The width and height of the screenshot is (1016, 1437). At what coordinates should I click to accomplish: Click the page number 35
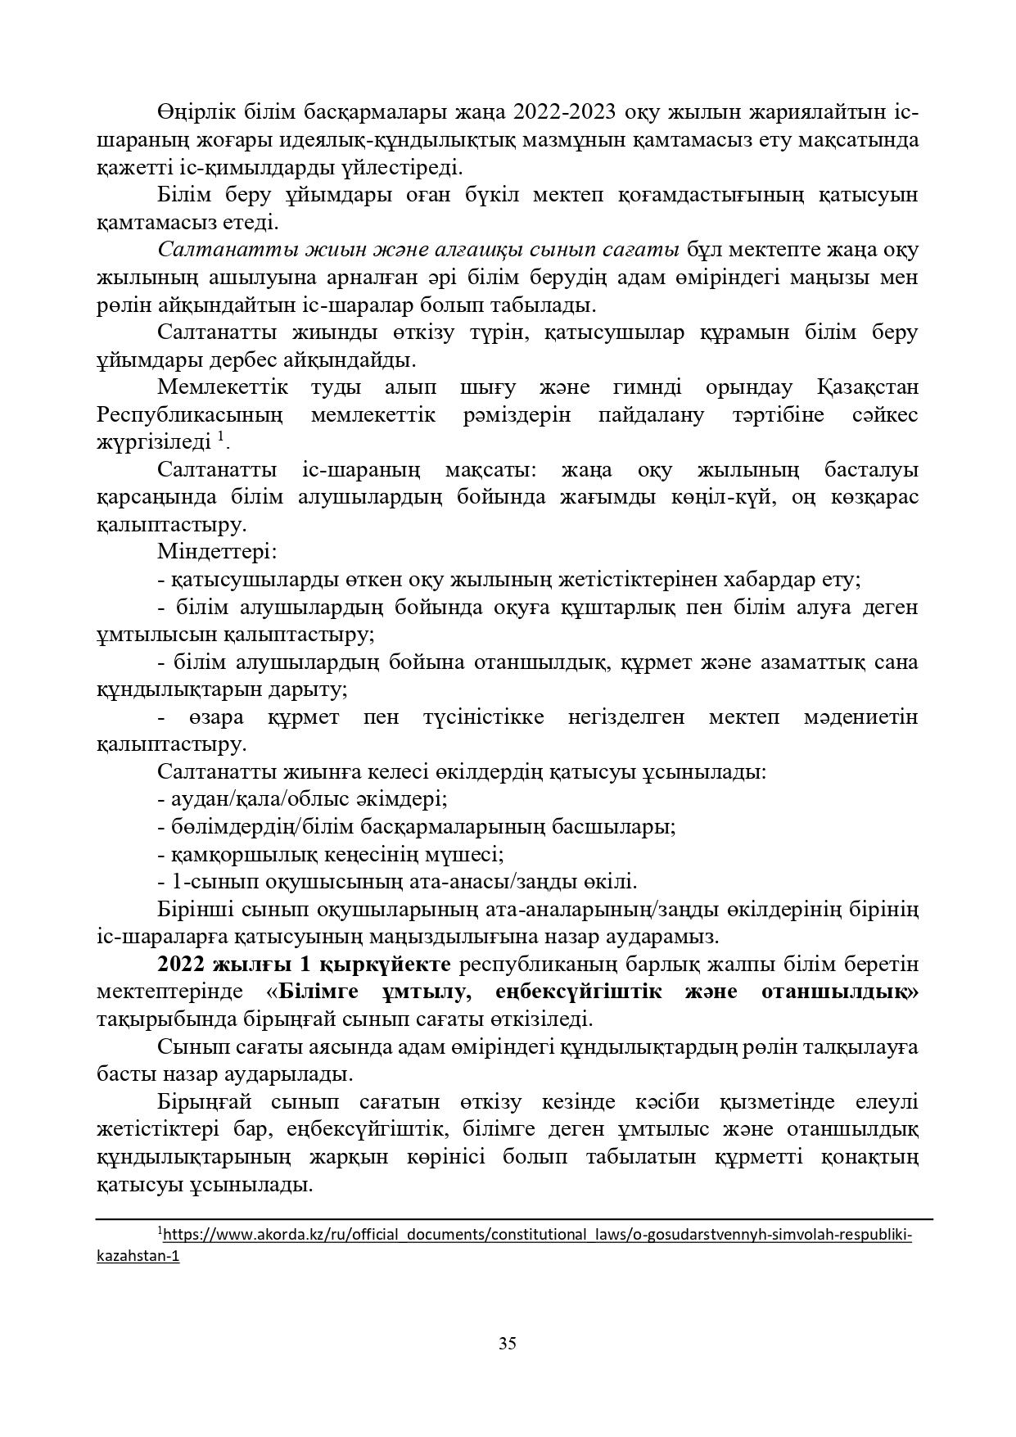click(507, 1344)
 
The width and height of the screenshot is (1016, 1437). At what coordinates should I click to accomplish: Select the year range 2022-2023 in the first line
click(571, 111)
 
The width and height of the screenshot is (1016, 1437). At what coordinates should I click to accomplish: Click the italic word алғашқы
click(488, 249)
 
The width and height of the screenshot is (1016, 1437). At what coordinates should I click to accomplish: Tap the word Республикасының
click(190, 414)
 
